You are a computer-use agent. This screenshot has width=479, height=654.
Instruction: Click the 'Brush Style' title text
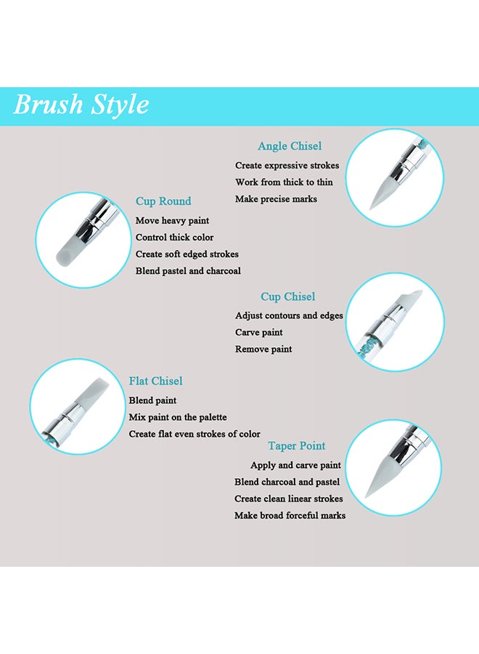[81, 105]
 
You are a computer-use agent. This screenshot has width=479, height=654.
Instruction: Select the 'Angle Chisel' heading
[290, 146]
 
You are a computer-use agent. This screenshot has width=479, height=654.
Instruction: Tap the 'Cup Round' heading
[163, 201]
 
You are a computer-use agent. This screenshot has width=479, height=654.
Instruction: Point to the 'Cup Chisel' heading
[288, 296]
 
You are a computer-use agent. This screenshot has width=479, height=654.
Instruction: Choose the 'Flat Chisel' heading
[155, 381]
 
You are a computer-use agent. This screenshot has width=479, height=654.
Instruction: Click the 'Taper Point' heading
[297, 445]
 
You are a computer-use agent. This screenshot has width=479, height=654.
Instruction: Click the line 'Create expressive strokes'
[287, 166]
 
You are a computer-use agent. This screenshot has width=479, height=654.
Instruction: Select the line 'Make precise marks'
[276, 199]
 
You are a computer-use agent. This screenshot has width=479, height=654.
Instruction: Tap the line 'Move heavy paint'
[172, 220]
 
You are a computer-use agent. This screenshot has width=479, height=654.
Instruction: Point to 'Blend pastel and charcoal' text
[188, 270]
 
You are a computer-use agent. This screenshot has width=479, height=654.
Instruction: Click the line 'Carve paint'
[259, 332]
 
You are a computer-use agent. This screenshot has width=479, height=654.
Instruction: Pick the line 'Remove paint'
[263, 349]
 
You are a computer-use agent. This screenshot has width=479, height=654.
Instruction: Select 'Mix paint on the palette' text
[178, 417]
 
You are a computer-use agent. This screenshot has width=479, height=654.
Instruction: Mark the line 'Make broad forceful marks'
[290, 515]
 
